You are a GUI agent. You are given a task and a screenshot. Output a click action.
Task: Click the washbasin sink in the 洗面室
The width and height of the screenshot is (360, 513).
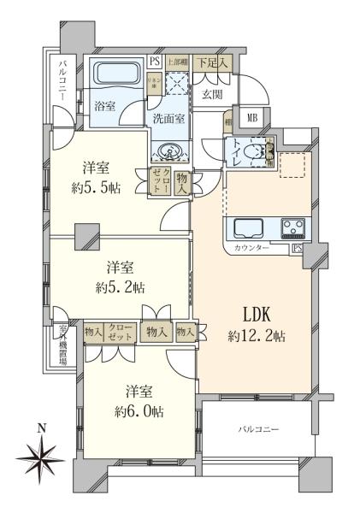coord(170,151)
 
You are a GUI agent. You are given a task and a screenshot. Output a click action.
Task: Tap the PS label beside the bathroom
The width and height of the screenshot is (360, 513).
coord(155,61)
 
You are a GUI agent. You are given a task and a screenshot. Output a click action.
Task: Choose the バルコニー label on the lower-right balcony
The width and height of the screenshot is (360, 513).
coord(258,427)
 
